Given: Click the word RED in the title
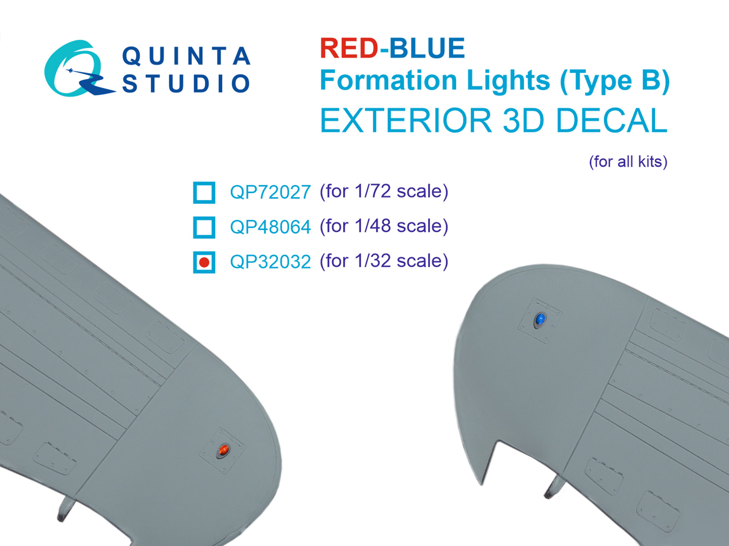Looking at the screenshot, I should pos(349,49).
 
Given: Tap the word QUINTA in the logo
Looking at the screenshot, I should pos(186,56).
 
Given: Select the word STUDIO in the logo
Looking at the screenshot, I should pos(186,84).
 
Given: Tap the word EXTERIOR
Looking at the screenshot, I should pos(406,121).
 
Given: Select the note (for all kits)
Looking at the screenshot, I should pos(628,162).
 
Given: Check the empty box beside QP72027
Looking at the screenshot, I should pos(204,192).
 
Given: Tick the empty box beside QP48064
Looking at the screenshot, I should pos(204,227).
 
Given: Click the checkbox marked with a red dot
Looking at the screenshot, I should pos(204,262).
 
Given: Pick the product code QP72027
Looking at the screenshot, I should pos(270,192).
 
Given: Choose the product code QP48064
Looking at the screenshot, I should pos(270,227).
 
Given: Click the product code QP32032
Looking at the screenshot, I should pos(270,262).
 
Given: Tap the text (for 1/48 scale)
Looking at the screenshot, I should pos(384,226).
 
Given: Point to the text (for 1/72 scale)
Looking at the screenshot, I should pos(384,192).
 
